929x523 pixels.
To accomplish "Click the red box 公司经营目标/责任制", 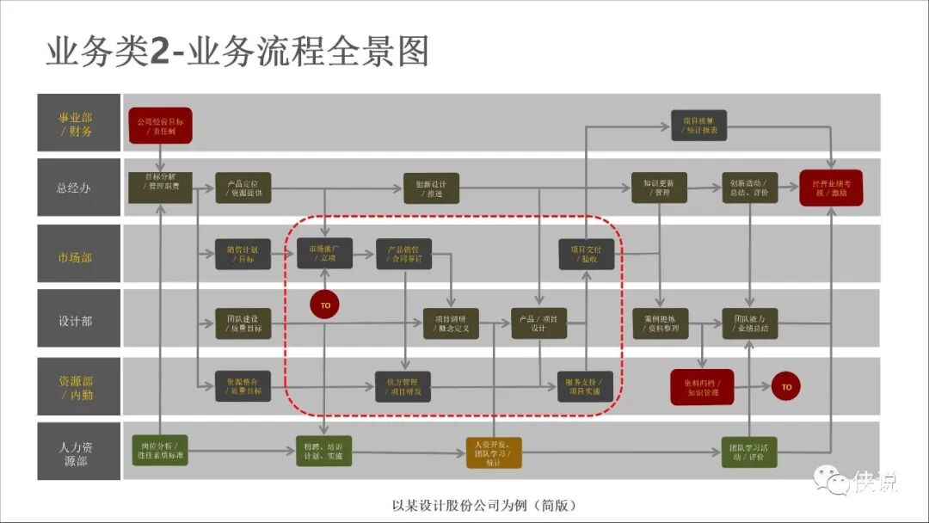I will pos(160,126).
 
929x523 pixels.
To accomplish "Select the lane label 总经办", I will pos(75,188).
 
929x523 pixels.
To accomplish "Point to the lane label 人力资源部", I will pos(75,454).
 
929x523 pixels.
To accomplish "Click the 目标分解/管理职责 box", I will pos(160,187).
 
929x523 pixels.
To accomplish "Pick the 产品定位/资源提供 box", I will pos(243,188).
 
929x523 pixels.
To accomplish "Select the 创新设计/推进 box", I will pos(431,188).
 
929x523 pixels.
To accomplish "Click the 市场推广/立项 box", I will pos(324,253).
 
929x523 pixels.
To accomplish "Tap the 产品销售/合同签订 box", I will pos(403,253).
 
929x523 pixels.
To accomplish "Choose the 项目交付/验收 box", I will pos(586,253).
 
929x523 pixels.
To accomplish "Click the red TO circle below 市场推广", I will pos(325,305).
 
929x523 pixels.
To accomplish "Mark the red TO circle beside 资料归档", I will pos(786,387).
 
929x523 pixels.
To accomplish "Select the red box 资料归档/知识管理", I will pos(702,387).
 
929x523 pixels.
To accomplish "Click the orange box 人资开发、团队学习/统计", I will pos(494,452).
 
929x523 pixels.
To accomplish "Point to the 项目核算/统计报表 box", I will pos(699,126).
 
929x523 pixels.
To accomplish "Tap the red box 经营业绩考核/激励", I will pos(831,188).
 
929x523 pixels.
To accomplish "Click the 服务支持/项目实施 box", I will pos(585,387).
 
